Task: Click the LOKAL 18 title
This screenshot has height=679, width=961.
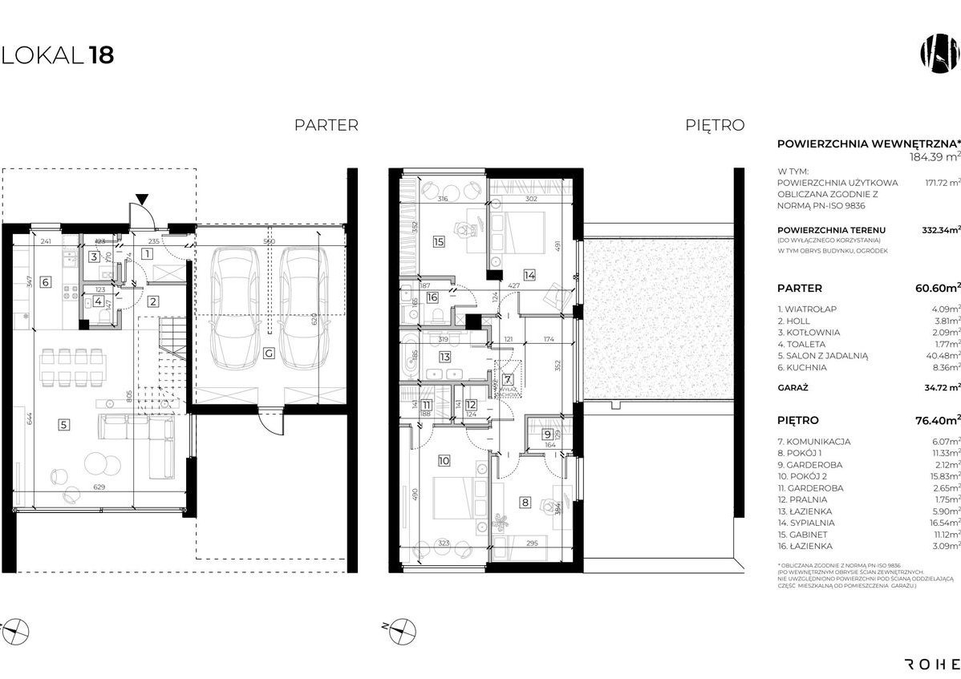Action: tap(58, 55)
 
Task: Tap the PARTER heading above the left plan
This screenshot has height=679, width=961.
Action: tap(326, 125)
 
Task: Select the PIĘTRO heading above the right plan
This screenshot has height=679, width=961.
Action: tap(715, 125)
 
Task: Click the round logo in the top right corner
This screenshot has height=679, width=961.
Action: tap(939, 54)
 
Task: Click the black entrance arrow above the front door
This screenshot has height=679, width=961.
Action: tap(142, 200)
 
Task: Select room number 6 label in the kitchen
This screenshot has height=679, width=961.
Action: tap(45, 281)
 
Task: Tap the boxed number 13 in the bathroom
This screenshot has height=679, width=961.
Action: tap(443, 357)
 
